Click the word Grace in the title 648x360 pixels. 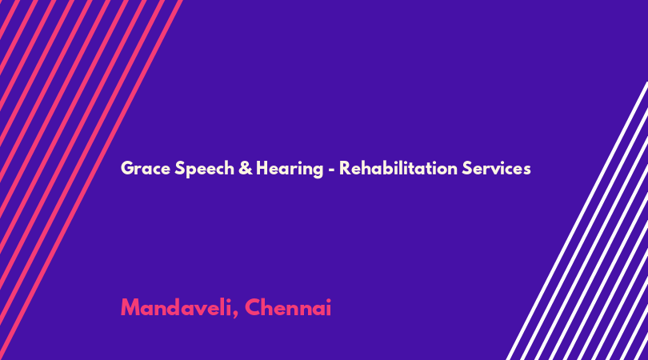tap(146, 168)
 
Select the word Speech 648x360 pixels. tap(204, 169)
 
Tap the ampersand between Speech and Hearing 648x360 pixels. tap(246, 168)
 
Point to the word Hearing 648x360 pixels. tap(290, 169)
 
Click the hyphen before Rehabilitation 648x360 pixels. tap(331, 170)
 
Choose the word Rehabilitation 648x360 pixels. tap(398, 168)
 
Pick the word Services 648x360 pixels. tap(496, 168)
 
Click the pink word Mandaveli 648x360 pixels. tap(176, 307)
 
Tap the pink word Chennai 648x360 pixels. tap(288, 307)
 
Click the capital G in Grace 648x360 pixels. tap(127, 168)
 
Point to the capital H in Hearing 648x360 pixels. tap(262, 168)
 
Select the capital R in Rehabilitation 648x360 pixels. tap(345, 168)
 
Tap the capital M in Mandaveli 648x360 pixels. tap(130, 307)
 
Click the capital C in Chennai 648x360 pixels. tap(253, 307)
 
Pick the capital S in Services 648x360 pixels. tap(467, 168)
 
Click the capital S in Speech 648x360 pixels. tap(180, 168)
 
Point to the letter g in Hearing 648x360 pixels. tap(318, 171)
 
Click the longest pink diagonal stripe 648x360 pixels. tap(91, 180)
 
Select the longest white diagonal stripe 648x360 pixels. tap(577, 221)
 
